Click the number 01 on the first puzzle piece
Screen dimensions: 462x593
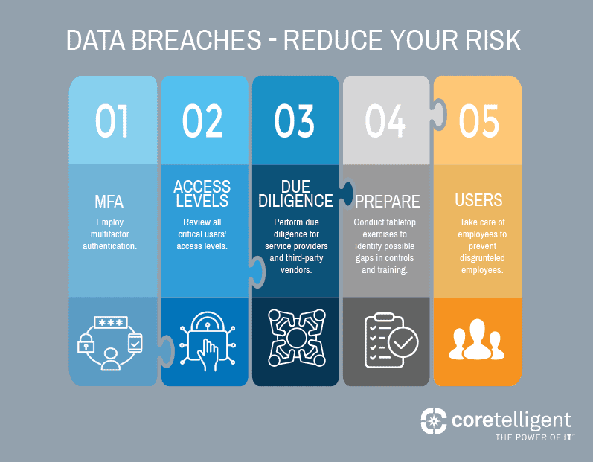(x=112, y=121)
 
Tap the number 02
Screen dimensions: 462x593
(x=202, y=121)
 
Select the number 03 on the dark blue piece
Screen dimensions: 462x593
(x=295, y=121)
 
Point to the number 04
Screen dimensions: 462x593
(x=385, y=121)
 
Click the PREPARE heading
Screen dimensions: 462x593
(x=387, y=202)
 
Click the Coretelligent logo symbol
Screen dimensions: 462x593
(x=434, y=421)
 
